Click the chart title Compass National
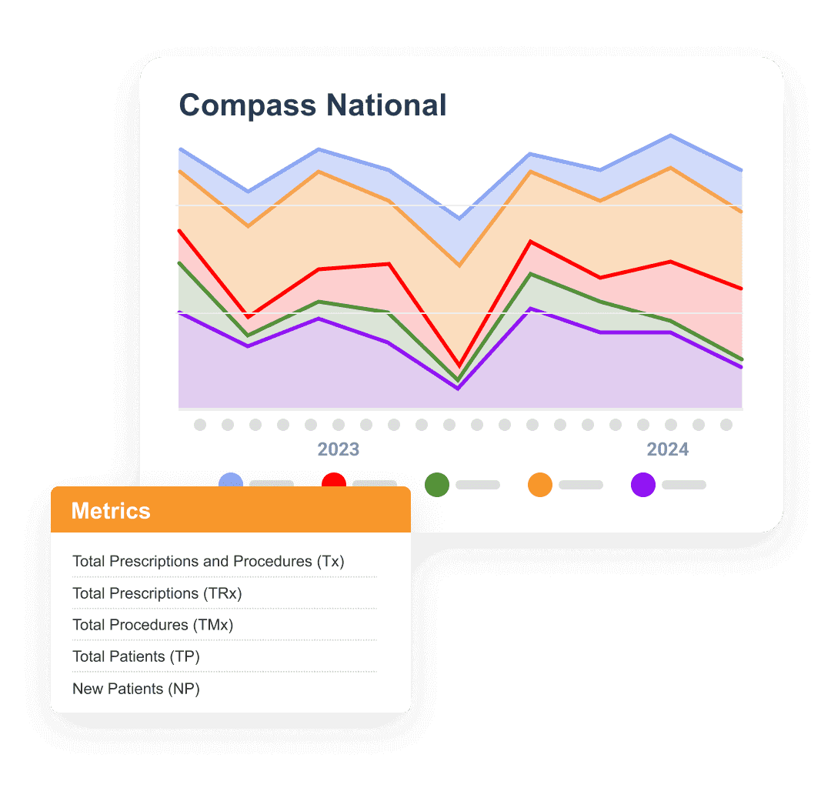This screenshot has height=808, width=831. (x=312, y=105)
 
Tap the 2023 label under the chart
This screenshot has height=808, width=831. (x=339, y=449)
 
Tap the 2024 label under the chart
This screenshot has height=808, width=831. (x=667, y=449)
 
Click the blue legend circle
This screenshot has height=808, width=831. (x=231, y=484)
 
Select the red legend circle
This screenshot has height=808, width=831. (x=334, y=484)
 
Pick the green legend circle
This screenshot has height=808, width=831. (x=437, y=485)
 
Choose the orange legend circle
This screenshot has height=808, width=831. (x=540, y=485)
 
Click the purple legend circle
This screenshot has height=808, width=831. (x=643, y=485)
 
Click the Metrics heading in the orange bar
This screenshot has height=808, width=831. (x=111, y=511)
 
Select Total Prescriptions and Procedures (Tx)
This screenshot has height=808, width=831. (x=209, y=562)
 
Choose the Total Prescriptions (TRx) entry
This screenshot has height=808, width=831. (x=157, y=593)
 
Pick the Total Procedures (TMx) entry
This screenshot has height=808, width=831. (x=152, y=625)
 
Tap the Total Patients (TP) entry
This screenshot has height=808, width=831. (x=135, y=656)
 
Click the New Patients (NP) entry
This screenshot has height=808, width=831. (x=136, y=689)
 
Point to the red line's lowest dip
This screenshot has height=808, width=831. (x=459, y=366)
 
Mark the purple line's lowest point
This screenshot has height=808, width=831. (x=459, y=389)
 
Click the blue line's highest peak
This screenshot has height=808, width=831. (x=671, y=136)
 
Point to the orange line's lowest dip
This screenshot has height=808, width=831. (x=459, y=265)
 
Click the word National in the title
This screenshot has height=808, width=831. (x=386, y=105)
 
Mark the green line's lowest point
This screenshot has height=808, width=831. (x=459, y=380)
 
